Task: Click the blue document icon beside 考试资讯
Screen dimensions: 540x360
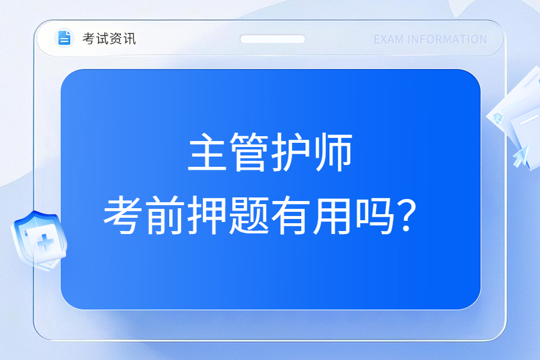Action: coord(64,38)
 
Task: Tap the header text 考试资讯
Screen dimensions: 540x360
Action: coord(109,38)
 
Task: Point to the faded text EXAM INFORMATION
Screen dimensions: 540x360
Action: coord(430,40)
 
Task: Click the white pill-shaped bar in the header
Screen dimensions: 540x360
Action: coord(272,39)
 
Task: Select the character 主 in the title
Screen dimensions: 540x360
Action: coord(208,152)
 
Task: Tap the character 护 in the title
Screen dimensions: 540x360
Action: coord(290,152)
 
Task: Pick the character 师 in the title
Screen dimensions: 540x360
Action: coord(332,152)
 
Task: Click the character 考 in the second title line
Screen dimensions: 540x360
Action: coord(122,215)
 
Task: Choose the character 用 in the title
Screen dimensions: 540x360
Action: coord(332,215)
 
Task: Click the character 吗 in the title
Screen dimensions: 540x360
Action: coord(374,215)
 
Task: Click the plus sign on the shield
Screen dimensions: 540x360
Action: coord(46,242)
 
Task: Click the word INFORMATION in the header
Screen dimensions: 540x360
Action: coord(448,40)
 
